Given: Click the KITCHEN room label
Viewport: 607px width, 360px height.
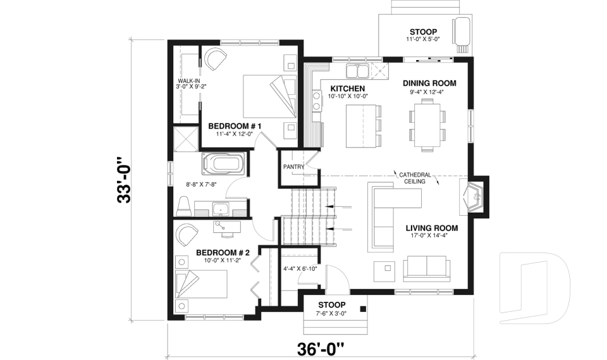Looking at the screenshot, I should coord(346,88).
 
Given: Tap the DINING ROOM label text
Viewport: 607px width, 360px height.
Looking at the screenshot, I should coord(429,84).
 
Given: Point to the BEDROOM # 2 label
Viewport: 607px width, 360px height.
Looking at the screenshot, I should coord(223,252).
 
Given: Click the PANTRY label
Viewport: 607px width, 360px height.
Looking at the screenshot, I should coord(294,167).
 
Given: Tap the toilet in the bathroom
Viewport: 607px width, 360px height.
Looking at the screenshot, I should coord(185,206).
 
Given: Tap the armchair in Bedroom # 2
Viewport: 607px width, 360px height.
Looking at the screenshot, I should coord(187,235).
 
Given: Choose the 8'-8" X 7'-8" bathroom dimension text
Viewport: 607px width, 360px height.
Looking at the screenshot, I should coord(202,185).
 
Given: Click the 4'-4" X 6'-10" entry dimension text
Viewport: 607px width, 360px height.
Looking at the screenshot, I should coord(300,268).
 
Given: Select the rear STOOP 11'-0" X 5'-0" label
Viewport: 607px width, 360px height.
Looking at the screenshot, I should coord(423,35).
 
